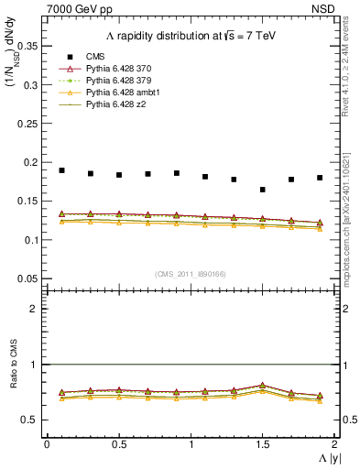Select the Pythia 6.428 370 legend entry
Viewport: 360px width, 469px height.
(124, 69)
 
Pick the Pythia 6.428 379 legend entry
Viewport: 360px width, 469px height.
(124, 82)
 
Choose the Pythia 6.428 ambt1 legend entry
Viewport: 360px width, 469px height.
(125, 93)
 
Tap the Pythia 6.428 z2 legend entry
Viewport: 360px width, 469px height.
(119, 106)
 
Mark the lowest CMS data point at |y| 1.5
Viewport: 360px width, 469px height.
(263, 190)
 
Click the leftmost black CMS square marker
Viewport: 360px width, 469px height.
(61, 170)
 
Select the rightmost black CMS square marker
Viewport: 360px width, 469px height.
(320, 178)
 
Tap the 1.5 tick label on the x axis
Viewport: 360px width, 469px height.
(263, 444)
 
